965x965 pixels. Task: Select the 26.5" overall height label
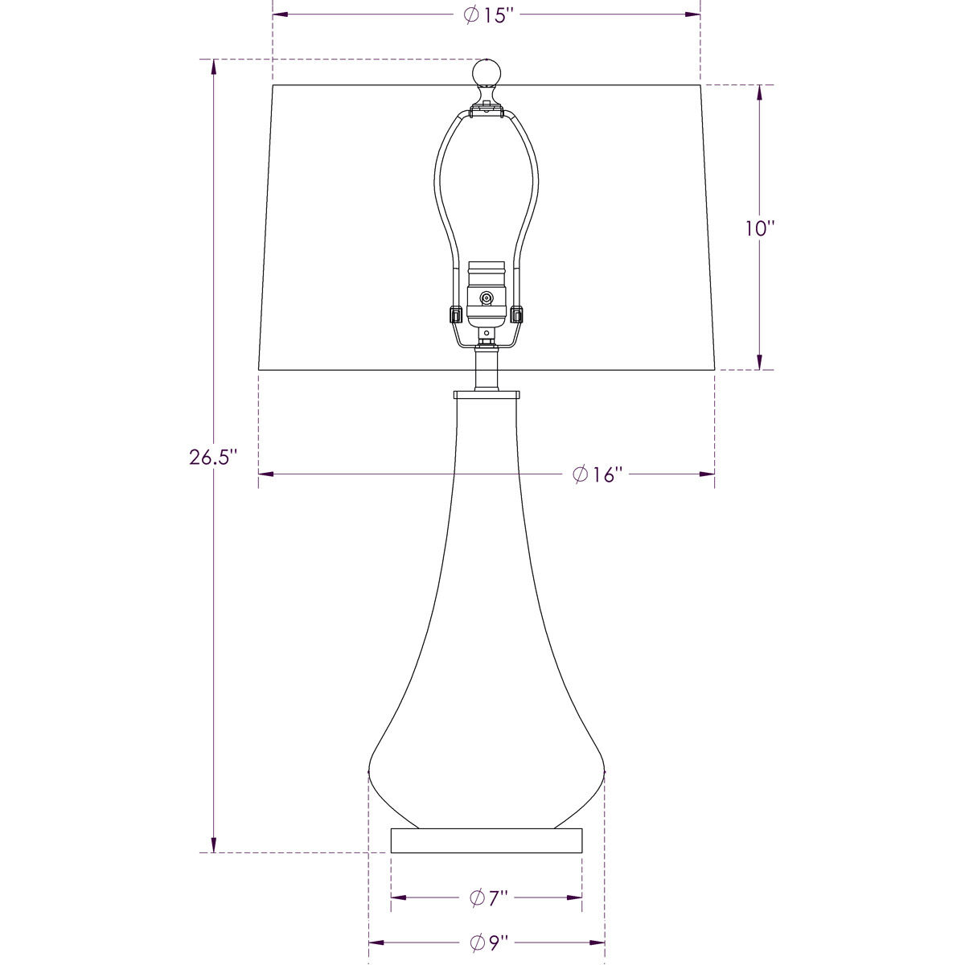pyautogui.click(x=213, y=458)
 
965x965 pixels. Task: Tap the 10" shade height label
pyautogui.click(x=758, y=228)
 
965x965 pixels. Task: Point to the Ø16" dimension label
pyautogui.click(x=598, y=474)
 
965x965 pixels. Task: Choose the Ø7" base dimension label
pyautogui.click(x=489, y=897)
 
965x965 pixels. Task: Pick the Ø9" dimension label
pyautogui.click(x=489, y=942)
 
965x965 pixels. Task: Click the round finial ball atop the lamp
pyautogui.click(x=486, y=73)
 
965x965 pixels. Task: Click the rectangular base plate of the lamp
pyautogui.click(x=486, y=840)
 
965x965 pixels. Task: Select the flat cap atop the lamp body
pyautogui.click(x=486, y=395)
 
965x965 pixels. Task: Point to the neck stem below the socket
pyautogui.click(x=486, y=370)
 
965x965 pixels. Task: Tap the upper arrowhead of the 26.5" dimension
pyautogui.click(x=214, y=66)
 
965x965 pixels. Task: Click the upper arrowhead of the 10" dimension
pyautogui.click(x=759, y=92)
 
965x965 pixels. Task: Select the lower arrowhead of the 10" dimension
pyautogui.click(x=759, y=362)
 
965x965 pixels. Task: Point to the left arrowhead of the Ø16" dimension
pyautogui.click(x=266, y=474)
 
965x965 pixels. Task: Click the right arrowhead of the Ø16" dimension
pyautogui.click(x=707, y=474)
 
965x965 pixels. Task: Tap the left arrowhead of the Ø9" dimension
pyautogui.click(x=376, y=942)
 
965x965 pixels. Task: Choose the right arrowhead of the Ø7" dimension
pyautogui.click(x=574, y=897)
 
